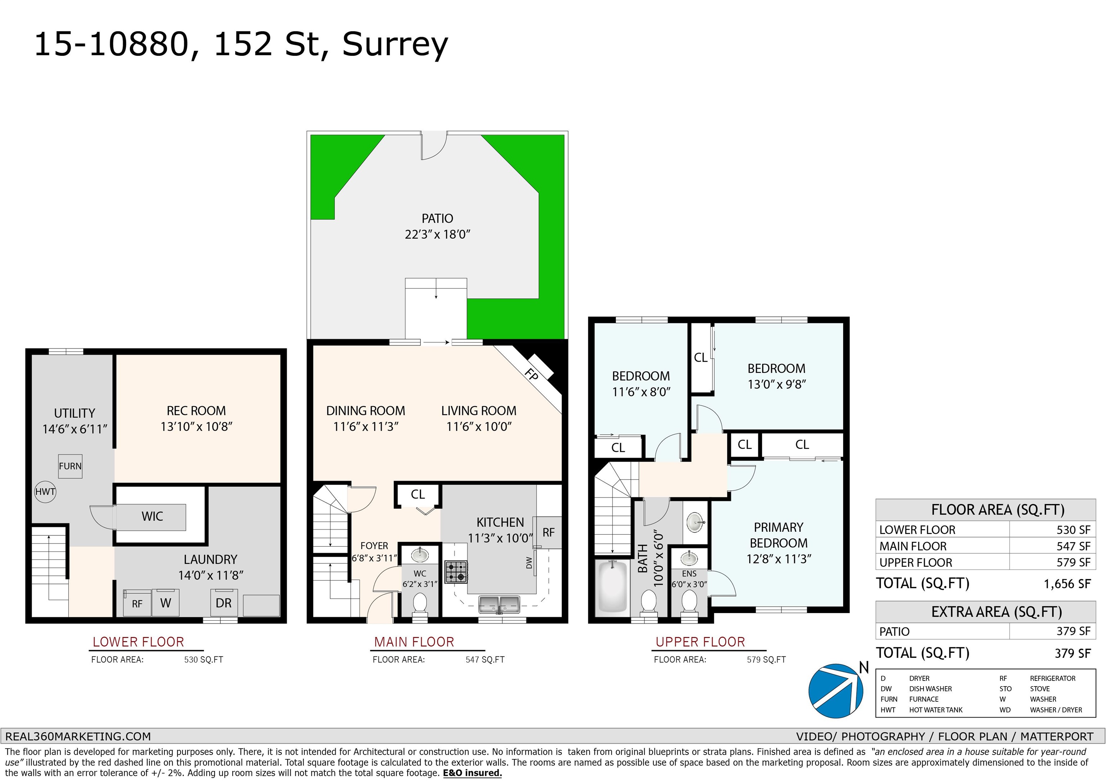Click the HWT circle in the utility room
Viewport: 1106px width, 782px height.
pos(45,492)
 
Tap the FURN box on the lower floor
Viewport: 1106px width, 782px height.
pos(70,466)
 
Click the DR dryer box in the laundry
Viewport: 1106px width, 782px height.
pos(224,603)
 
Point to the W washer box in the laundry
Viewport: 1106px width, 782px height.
pos(166,603)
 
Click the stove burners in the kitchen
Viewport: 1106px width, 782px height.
pos(456,572)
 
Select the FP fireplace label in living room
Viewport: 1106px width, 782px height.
pos(531,374)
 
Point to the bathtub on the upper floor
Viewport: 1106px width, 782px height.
pos(613,588)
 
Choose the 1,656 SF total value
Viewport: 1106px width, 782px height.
pos(1067,584)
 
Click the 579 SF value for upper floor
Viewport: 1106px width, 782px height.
pos(1074,562)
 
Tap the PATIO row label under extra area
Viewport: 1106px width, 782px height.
pos(895,632)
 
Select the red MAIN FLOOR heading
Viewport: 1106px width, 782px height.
pos(414,642)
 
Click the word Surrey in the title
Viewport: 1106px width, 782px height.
pos(395,45)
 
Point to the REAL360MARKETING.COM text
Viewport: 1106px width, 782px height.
pos(78,736)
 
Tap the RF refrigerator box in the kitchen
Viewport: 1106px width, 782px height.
pos(549,532)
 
